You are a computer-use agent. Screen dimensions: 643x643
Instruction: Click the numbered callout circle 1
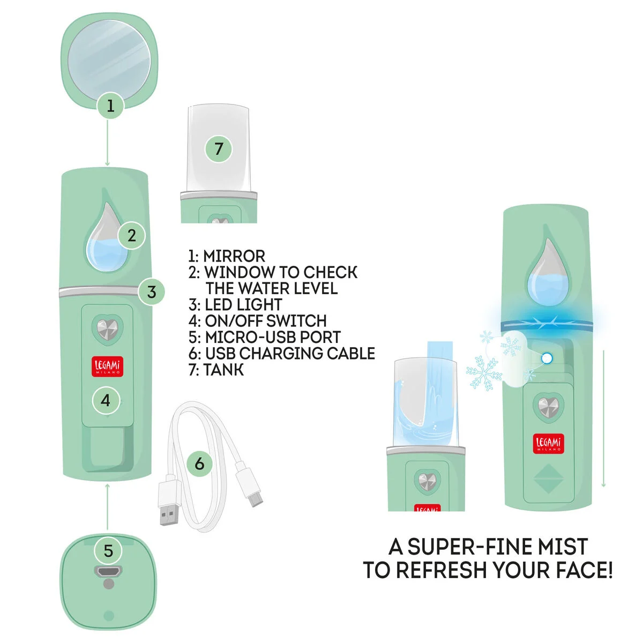point(110,106)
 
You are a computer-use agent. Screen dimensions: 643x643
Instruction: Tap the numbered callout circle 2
point(132,236)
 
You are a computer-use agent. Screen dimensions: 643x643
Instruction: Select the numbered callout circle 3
point(152,292)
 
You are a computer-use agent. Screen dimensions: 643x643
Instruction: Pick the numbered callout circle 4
point(106,400)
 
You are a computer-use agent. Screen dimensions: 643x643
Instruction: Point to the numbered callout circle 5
point(108,551)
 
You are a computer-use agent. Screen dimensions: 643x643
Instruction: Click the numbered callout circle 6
point(199,464)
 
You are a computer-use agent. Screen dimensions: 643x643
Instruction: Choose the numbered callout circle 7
point(219,149)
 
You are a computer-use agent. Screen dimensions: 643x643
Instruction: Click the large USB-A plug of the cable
point(169,504)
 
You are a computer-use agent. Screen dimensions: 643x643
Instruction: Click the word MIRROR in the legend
point(234,256)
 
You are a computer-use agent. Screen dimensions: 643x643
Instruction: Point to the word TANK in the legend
point(223,370)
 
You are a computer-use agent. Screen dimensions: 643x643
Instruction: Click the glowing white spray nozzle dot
point(547,358)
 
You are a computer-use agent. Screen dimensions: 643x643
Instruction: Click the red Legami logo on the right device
point(548,444)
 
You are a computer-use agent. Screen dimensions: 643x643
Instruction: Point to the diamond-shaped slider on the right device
point(549,479)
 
